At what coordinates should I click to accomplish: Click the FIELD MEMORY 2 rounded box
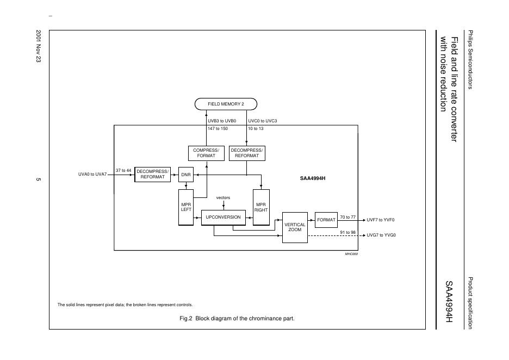click(225, 104)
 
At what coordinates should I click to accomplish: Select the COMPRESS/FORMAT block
click(206, 153)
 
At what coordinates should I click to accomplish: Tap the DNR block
click(186, 175)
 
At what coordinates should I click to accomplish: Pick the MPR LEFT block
click(186, 207)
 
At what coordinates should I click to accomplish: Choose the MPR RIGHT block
click(261, 207)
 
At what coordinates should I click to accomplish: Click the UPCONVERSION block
click(223, 217)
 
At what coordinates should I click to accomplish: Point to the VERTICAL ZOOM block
click(295, 227)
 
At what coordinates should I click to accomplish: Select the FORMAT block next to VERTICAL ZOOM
click(326, 220)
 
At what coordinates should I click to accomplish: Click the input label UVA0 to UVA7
click(92, 175)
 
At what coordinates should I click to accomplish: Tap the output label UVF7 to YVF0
click(381, 220)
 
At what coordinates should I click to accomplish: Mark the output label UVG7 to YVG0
click(381, 235)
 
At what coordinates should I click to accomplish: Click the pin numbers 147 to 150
click(218, 128)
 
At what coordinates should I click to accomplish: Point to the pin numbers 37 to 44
click(123, 171)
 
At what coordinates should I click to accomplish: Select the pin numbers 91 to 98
click(347, 232)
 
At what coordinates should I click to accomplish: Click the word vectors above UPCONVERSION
click(223, 197)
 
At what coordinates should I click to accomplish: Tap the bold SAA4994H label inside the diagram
click(316, 177)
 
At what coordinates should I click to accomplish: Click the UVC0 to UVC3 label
click(263, 121)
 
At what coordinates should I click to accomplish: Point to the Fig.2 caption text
click(237, 318)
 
